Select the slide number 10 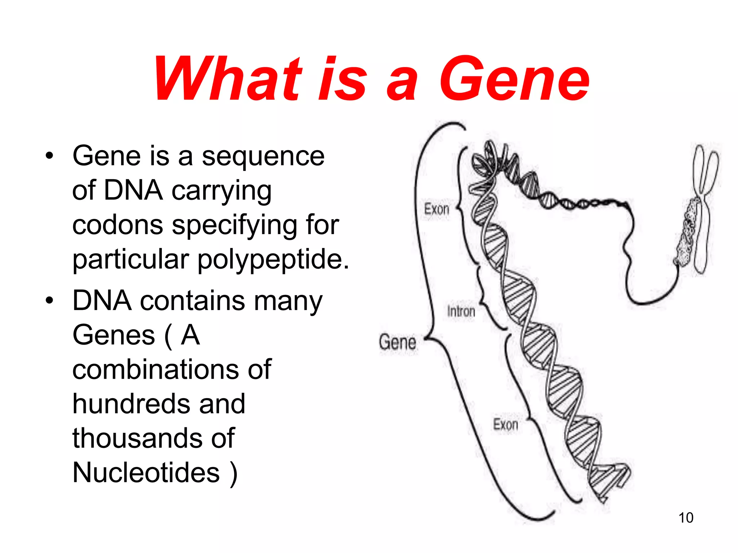tap(686, 518)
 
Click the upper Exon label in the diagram tap(436, 209)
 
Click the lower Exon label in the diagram tap(505, 424)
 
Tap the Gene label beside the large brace tap(397, 342)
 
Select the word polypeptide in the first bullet tap(273, 259)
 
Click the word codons tap(117, 225)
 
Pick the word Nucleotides tap(146, 472)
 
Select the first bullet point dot tap(49, 156)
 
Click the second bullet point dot tap(49, 301)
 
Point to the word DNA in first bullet tap(133, 190)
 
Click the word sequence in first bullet tap(263, 156)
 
